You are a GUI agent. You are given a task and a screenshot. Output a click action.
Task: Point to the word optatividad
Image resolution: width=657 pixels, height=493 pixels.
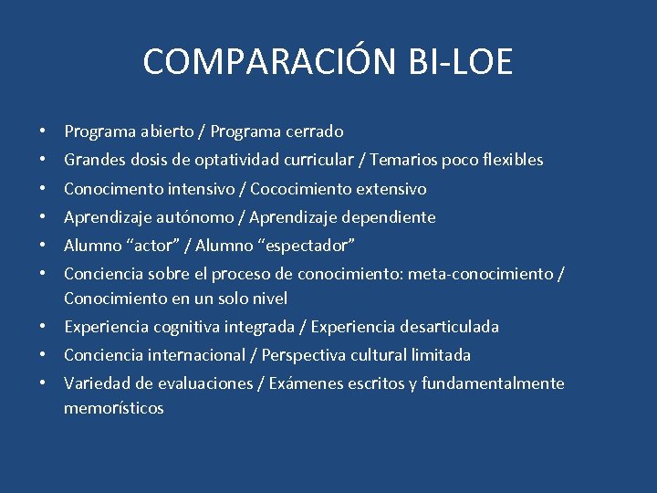click(239, 160)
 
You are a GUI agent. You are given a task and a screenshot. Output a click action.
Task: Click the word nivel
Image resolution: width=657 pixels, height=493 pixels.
click(269, 299)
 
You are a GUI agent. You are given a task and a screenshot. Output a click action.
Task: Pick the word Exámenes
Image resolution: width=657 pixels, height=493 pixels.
click(306, 383)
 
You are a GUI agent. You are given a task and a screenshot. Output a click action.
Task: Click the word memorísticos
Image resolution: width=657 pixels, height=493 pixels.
click(113, 408)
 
